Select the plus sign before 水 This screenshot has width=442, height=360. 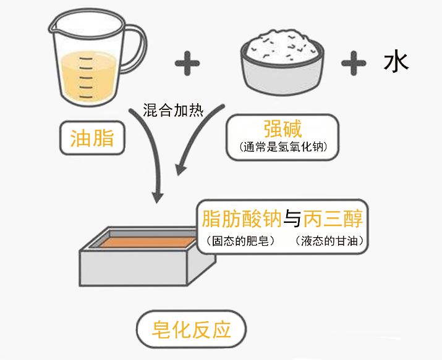[x=353, y=63]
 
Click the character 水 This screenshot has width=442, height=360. [x=396, y=63]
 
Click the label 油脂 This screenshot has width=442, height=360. [x=91, y=138]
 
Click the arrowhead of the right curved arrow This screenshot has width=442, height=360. [x=181, y=165]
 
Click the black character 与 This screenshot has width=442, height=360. [x=293, y=219]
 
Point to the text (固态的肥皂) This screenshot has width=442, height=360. [x=237, y=240]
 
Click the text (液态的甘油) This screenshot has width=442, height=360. [x=328, y=240]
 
